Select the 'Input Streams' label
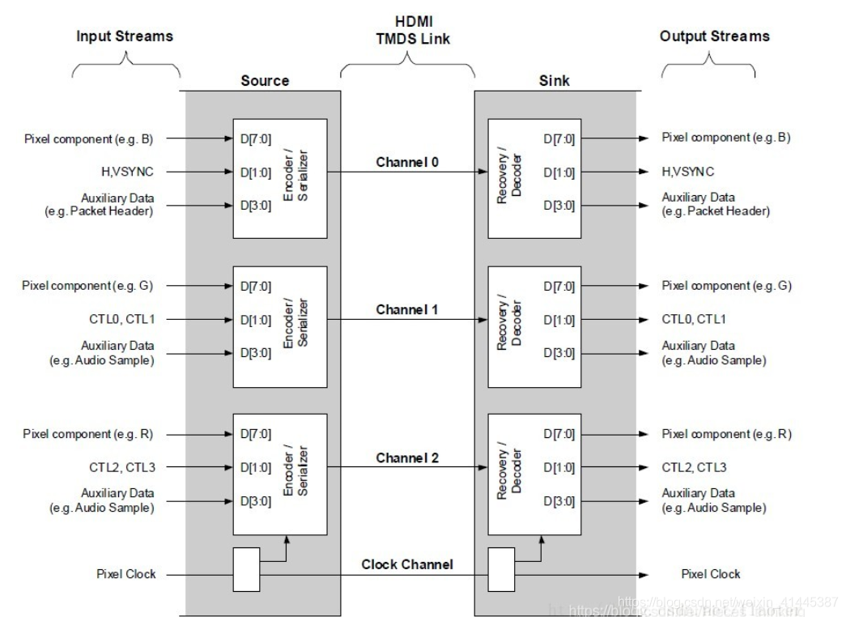(x=125, y=36)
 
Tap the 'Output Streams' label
(x=714, y=36)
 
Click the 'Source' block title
(x=265, y=81)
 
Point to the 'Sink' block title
(x=554, y=81)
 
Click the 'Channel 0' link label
(x=407, y=162)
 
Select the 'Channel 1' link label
(x=407, y=310)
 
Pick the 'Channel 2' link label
(x=407, y=458)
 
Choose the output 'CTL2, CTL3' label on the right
(x=694, y=467)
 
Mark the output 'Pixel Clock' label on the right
(x=710, y=574)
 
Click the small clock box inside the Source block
(x=247, y=570)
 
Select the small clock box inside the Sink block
(x=501, y=570)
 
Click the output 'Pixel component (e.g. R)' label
(x=726, y=434)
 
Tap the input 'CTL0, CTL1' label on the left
(x=121, y=319)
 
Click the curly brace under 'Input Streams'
(x=125, y=64)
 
